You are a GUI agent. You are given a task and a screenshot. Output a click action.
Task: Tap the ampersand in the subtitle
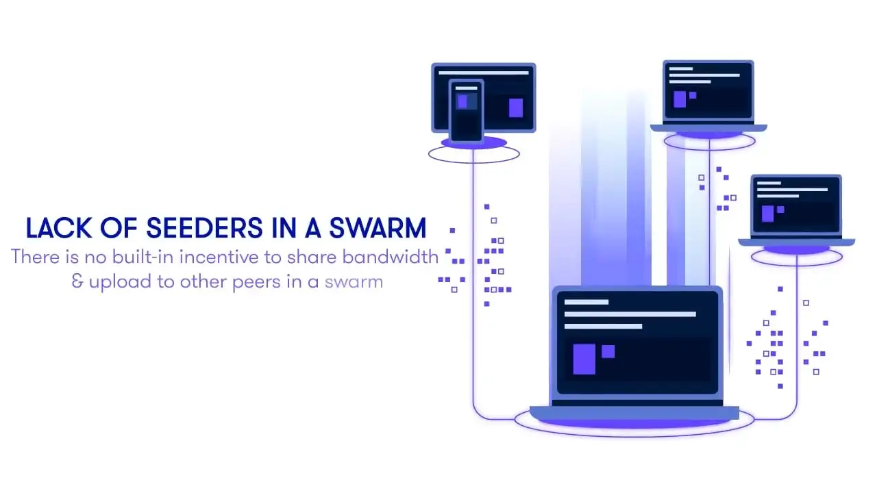click(x=78, y=281)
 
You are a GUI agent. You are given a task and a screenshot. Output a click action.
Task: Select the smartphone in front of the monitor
click(x=466, y=110)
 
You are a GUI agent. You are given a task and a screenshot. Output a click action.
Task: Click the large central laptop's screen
click(x=637, y=342)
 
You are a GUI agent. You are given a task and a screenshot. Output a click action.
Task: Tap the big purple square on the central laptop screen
click(x=584, y=359)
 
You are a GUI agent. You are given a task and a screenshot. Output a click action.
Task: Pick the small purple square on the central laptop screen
click(x=608, y=351)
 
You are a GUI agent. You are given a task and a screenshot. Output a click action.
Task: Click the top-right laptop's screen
click(x=708, y=92)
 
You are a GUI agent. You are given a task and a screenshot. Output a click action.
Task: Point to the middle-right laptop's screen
click(x=795, y=206)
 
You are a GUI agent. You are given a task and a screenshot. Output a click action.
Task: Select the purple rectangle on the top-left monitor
click(x=516, y=108)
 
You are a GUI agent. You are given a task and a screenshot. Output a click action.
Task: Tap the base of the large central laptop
click(x=634, y=413)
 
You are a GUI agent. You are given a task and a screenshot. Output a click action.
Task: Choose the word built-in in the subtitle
click(x=141, y=257)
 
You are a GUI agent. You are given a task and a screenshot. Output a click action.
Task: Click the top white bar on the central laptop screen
click(x=586, y=302)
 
